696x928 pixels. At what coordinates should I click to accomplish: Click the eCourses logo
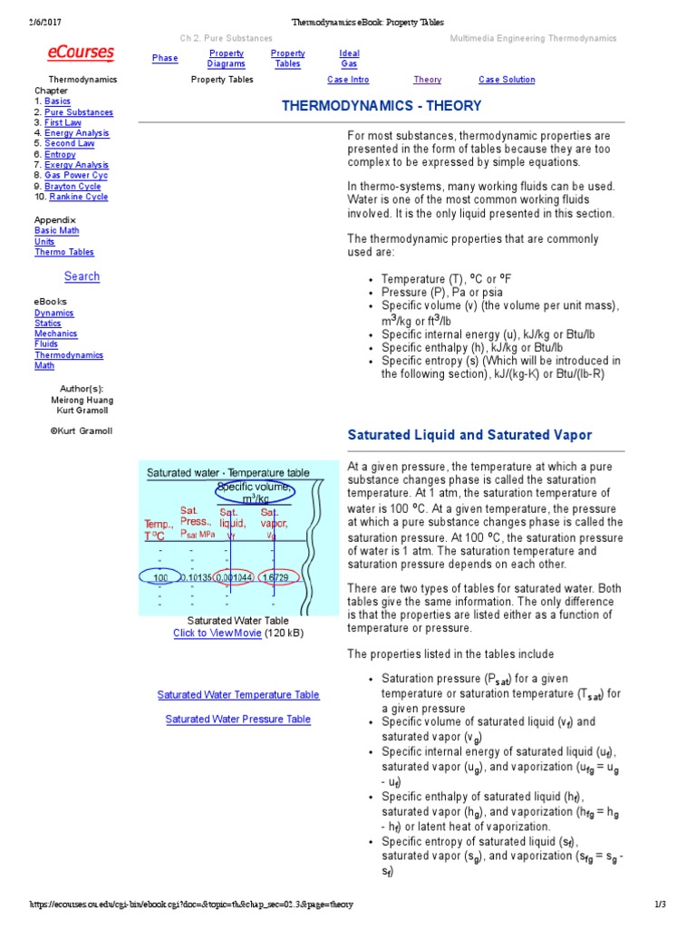point(81,53)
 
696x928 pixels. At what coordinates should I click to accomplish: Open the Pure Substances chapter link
point(79,112)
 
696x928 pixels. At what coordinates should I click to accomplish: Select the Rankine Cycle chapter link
point(79,197)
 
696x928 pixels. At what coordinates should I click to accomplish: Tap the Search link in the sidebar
point(82,276)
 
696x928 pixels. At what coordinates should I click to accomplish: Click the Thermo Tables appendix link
point(64,252)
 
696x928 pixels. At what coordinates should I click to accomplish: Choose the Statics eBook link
point(48,324)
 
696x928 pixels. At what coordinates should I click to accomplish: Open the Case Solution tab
point(507,80)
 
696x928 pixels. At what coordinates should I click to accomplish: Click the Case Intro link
point(349,80)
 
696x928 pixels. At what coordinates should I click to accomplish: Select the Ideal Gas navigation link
point(349,59)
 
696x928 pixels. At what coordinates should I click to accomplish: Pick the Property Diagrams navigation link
point(226,59)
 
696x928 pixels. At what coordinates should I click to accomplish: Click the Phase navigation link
point(165,58)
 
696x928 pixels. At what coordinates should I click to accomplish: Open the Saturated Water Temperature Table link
point(238,695)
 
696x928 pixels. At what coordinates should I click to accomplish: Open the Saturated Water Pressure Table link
point(238,720)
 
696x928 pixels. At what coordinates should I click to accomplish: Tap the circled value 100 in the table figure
point(160,577)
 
